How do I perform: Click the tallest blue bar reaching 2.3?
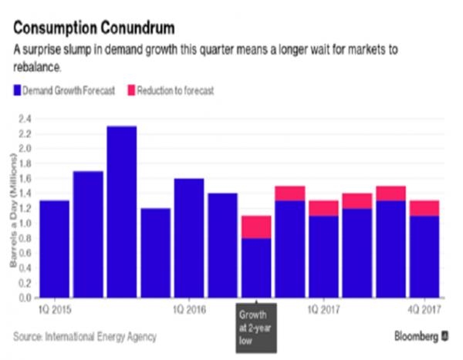click(121, 212)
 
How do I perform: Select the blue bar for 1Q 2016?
click(189, 238)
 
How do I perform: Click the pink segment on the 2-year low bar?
click(256, 227)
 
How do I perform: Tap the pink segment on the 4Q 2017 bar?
click(424, 208)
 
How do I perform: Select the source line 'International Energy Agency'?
click(101, 337)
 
